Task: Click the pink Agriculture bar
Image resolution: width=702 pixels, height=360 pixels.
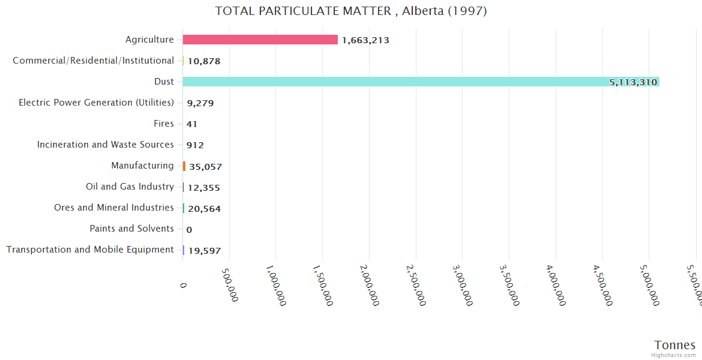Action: coord(260,40)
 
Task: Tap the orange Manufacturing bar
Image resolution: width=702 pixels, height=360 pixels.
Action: coord(184,166)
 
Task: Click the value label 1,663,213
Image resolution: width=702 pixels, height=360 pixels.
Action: coord(365,40)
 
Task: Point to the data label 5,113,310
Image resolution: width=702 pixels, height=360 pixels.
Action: coord(633,82)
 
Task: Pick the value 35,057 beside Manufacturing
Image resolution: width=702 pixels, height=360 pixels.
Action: coord(205,167)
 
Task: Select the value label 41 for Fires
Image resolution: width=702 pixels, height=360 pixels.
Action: coord(192,124)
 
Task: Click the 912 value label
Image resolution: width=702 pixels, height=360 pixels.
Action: coord(195,145)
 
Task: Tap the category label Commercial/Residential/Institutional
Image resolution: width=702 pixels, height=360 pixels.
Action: coord(93,61)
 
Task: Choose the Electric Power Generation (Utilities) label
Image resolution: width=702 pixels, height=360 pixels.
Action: coord(96,103)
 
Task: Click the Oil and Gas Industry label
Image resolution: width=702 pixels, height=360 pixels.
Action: coord(130,187)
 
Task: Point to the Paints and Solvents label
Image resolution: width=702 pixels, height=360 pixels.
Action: coord(131,229)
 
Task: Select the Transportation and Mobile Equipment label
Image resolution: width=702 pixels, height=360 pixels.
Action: coord(90,250)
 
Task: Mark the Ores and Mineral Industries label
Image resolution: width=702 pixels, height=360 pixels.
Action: coord(114,208)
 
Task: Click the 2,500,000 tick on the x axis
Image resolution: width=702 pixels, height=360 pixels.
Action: coord(413,285)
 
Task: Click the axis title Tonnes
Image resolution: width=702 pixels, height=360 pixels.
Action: coord(674,345)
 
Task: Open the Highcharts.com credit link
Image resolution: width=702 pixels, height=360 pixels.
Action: coord(674,355)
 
